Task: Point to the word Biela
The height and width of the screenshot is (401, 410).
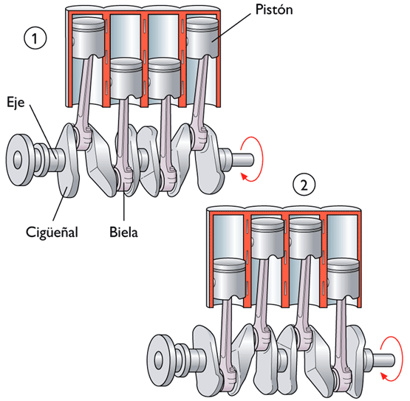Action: pyautogui.click(x=124, y=232)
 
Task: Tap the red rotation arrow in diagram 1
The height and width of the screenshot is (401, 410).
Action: pyautogui.click(x=251, y=157)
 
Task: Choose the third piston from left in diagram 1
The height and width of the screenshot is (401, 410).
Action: pyautogui.click(x=163, y=80)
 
